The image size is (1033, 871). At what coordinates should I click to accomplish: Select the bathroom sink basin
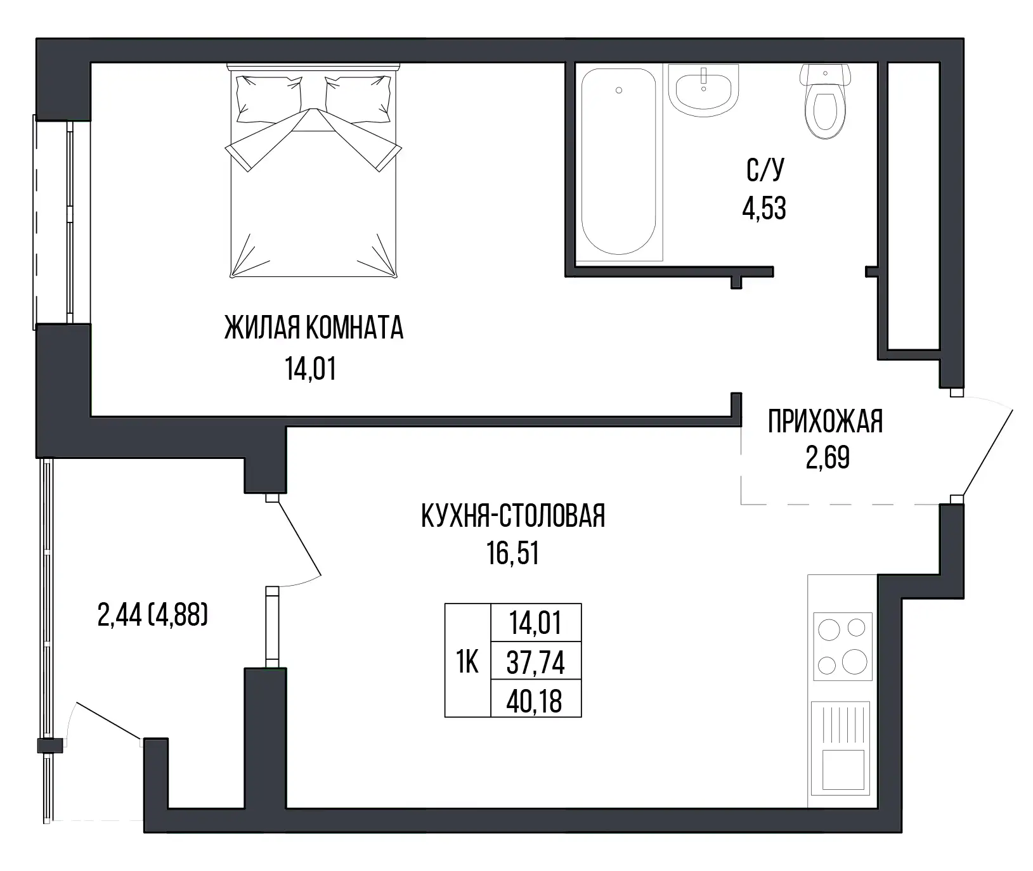[x=704, y=90]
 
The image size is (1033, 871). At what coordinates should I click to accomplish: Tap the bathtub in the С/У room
[x=618, y=162]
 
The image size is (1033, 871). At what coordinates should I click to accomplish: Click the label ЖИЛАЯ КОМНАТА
[x=313, y=328]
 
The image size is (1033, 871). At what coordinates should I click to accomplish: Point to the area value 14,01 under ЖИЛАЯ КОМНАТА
[x=311, y=369]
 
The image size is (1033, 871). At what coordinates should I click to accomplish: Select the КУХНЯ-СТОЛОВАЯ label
[x=513, y=516]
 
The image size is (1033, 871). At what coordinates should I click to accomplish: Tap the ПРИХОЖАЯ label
[x=825, y=422]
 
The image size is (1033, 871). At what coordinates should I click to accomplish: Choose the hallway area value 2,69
[x=828, y=457]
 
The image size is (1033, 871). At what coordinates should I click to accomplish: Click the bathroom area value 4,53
[x=764, y=209]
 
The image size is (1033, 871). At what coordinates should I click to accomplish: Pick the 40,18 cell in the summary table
[x=536, y=700]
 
